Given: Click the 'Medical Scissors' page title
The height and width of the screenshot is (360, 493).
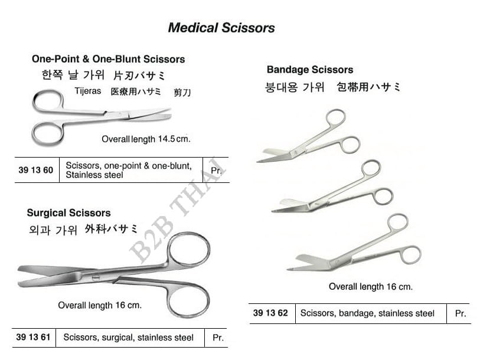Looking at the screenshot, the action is click(221, 28).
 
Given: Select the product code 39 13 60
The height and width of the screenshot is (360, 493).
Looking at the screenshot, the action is click(36, 170).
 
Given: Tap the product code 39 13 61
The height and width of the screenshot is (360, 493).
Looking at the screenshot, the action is click(33, 338).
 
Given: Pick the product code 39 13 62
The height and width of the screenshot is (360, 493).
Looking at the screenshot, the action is click(270, 313).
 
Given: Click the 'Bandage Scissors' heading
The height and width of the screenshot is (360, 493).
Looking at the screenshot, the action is click(310, 70).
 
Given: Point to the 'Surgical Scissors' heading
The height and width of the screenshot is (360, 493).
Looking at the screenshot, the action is click(69, 213).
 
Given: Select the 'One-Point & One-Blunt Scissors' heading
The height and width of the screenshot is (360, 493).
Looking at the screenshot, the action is click(109, 59).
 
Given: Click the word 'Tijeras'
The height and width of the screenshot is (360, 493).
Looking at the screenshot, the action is click(88, 91).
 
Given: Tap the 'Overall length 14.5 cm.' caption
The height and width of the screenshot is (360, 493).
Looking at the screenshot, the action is click(146, 139).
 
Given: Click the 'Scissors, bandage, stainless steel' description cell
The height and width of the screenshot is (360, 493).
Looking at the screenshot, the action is click(367, 313).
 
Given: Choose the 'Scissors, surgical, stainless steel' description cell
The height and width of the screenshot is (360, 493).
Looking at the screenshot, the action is click(128, 338).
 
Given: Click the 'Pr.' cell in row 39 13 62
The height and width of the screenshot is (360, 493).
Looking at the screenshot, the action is click(461, 313).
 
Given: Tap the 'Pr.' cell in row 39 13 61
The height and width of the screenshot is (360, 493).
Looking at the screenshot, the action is click(218, 338).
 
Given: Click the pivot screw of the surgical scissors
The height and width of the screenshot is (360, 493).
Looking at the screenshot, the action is click(96, 277).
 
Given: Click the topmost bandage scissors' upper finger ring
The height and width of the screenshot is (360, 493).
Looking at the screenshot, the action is click(336, 119).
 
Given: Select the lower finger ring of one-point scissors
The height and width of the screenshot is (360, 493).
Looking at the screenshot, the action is click(48, 134).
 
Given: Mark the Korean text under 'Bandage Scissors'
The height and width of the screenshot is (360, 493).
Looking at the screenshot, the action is click(295, 87).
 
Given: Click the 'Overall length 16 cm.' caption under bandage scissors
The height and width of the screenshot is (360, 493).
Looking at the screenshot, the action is click(371, 287).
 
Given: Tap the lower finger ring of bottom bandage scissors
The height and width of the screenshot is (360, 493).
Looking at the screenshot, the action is click(410, 255).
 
